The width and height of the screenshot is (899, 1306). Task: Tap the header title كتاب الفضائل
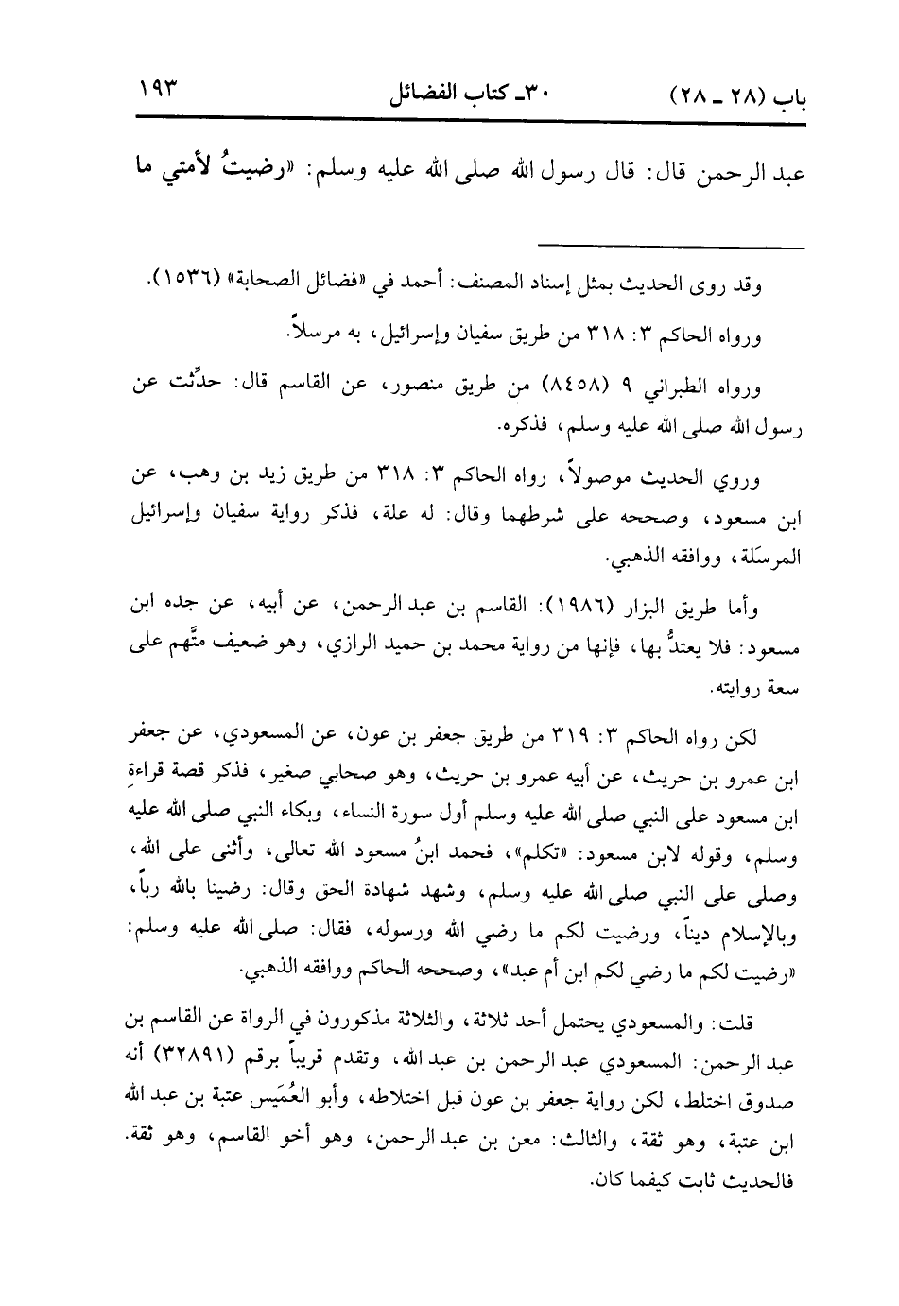(467, 94)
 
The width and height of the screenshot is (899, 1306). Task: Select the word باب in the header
(781, 96)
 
